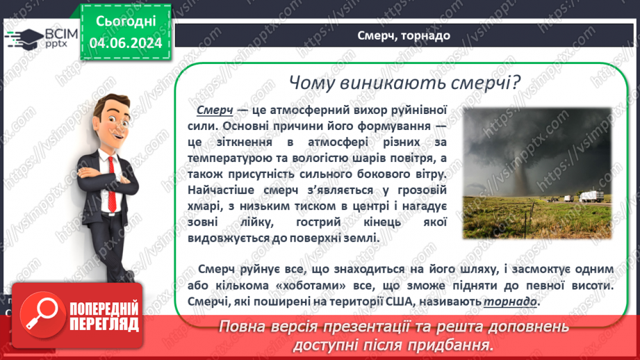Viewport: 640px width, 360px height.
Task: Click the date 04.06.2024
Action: [x=126, y=44]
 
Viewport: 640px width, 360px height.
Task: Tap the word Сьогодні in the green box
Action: [x=126, y=21]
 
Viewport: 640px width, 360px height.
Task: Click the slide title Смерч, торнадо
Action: [x=404, y=35]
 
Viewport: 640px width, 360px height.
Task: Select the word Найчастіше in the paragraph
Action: [x=225, y=190]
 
